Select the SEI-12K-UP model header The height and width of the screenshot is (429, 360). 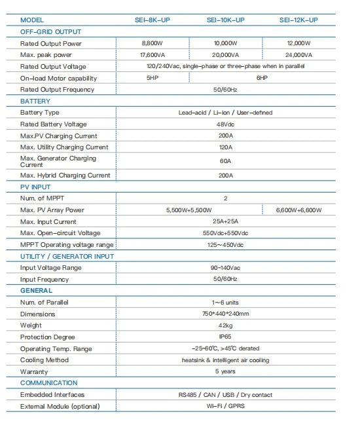(x=298, y=20)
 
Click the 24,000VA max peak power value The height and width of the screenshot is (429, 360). (x=298, y=55)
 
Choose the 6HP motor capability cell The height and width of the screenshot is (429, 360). (x=262, y=78)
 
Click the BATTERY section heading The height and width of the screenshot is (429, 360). (x=35, y=102)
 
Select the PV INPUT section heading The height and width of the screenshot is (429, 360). (x=36, y=187)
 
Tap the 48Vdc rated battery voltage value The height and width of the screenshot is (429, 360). (x=225, y=124)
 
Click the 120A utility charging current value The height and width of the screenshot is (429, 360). (x=225, y=147)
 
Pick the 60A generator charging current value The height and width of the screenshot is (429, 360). (x=225, y=160)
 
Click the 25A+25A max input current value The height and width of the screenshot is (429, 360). (x=225, y=222)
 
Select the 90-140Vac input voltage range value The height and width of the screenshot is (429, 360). (x=225, y=268)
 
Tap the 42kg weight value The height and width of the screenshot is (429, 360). (x=225, y=326)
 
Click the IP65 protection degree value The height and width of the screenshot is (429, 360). (x=225, y=337)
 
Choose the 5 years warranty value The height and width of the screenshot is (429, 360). (x=225, y=371)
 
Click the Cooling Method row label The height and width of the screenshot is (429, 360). (x=45, y=360)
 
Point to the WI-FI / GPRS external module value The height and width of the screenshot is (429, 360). (x=225, y=406)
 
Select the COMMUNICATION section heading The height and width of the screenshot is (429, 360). (x=49, y=383)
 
